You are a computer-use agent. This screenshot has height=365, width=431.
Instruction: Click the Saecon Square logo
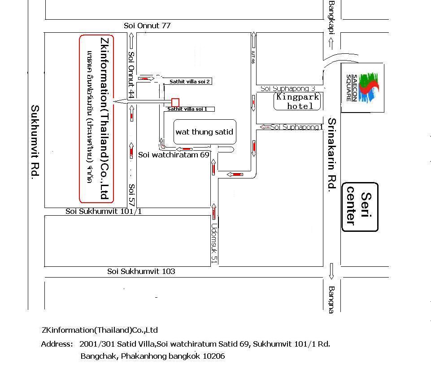362,87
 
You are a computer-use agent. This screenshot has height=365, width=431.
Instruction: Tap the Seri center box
360,207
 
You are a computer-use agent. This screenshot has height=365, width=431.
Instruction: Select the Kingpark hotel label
298,101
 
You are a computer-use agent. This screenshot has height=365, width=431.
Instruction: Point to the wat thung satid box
205,132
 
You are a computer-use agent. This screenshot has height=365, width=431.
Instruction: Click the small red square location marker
175,102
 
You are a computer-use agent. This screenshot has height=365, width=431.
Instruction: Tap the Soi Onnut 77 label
147,26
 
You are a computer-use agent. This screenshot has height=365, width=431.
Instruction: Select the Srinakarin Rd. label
331,155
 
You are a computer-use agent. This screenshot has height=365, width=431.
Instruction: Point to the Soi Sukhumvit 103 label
141,271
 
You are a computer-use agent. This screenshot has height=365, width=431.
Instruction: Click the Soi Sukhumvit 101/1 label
104,211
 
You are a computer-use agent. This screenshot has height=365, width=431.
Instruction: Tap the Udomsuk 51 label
214,243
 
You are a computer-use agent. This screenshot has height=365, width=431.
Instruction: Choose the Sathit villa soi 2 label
190,82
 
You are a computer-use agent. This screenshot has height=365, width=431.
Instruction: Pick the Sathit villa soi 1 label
187,109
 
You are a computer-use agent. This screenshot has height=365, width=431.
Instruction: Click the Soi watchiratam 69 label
174,155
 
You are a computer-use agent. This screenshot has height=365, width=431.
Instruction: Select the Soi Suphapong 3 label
288,89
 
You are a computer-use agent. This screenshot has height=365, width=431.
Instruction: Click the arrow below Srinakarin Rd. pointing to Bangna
331,271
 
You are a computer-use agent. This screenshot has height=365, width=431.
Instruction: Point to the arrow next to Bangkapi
331,43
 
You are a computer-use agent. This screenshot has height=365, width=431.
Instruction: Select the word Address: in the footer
57,344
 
